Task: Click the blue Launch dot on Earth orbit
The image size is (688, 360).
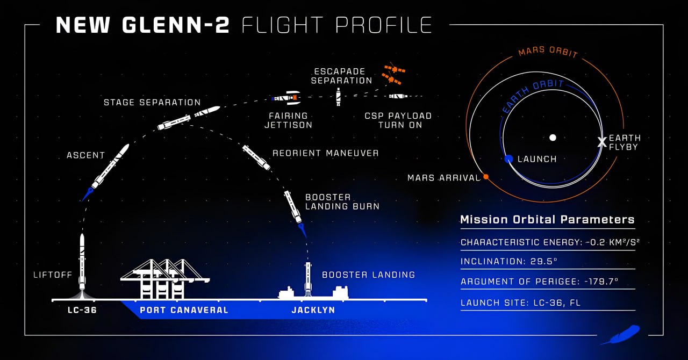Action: tap(508, 159)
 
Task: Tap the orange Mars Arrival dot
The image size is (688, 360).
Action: tap(486, 177)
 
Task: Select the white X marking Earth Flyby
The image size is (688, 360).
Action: tap(602, 142)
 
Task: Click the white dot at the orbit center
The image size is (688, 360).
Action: tap(553, 138)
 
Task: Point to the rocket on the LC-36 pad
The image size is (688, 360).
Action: tap(82, 262)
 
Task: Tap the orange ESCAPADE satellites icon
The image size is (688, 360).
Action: tap(393, 74)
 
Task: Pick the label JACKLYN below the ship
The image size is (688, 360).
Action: tap(313, 310)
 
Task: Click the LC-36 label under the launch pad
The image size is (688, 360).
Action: tap(82, 310)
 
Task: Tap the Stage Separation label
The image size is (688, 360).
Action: tap(152, 102)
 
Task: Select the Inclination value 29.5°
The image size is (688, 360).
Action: tap(543, 261)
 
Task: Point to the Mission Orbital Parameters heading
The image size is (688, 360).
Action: tap(547, 220)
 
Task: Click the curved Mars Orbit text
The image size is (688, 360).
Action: tap(548, 52)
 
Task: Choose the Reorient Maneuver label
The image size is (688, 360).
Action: tap(326, 153)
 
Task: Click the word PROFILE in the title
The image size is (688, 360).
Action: tap(384, 25)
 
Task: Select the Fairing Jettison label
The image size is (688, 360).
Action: tap(289, 120)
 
